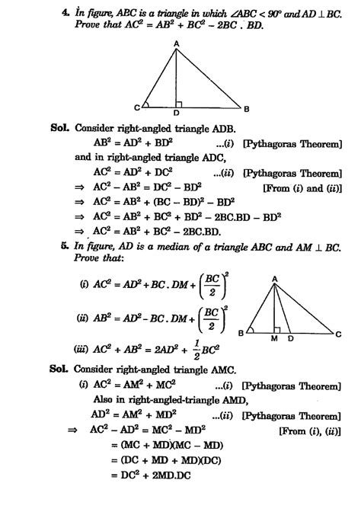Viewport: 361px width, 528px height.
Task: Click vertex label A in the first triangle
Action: click(176, 45)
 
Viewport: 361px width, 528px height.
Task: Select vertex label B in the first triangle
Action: click(245, 107)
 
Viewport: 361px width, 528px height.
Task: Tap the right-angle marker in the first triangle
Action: click(179, 103)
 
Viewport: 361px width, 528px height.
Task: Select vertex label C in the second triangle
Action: click(338, 333)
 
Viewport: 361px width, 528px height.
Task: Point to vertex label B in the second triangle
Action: click(240, 333)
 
